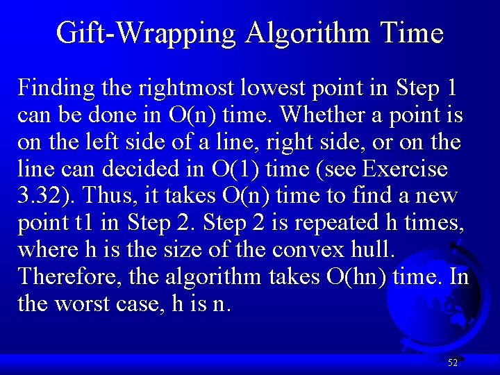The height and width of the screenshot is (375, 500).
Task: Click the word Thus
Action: click(92, 196)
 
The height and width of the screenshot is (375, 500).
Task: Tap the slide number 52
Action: click(452, 362)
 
